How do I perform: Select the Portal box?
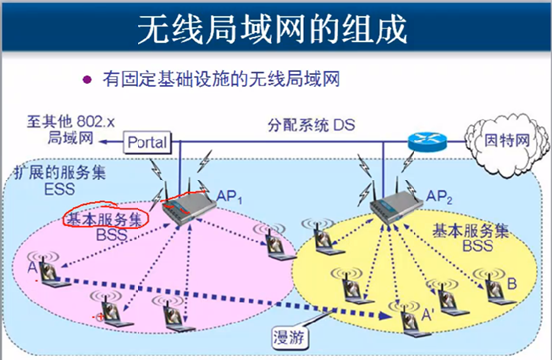[147, 143]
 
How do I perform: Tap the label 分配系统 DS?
[310, 127]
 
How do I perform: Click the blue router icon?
[423, 141]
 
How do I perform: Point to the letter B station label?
[512, 284]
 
